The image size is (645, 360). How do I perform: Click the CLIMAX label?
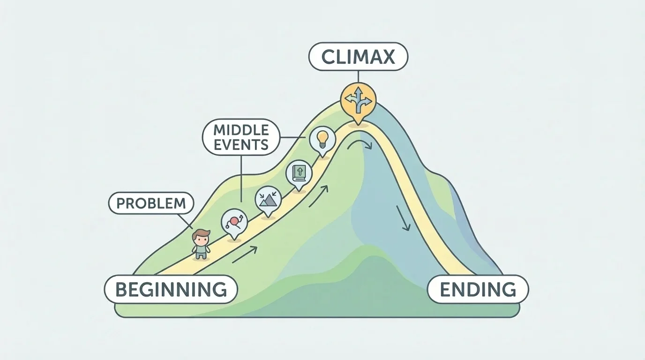pos(358,57)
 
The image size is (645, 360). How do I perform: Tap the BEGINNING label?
pos(171,289)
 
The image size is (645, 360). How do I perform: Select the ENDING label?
pos(478,289)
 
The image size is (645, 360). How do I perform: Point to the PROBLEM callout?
pos(151,203)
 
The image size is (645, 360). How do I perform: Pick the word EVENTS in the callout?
pos(241,144)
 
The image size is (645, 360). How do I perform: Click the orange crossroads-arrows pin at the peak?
pos(358,99)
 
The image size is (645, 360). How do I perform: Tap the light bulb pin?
pos(322,138)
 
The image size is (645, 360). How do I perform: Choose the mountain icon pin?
pos(268,200)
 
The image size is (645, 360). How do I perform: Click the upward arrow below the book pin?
pos(319,196)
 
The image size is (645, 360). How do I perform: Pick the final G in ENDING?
pos(510,289)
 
